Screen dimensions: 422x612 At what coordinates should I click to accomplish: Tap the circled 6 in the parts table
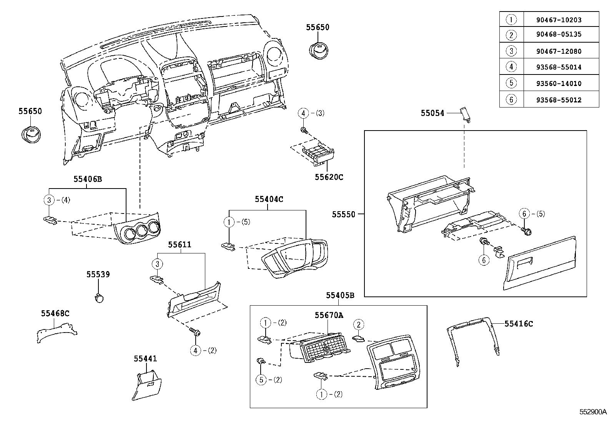click(x=511, y=100)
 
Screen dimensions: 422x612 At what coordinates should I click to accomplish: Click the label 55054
click(x=432, y=113)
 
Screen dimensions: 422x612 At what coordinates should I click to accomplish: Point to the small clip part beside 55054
click(x=466, y=114)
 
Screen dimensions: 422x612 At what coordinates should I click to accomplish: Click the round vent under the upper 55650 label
click(x=319, y=50)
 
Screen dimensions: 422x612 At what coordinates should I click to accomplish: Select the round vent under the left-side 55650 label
click(x=30, y=134)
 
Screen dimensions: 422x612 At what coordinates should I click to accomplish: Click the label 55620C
click(x=329, y=177)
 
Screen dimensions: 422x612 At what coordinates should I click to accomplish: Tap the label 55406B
click(x=88, y=179)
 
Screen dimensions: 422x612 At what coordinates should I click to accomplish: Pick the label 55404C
click(x=269, y=199)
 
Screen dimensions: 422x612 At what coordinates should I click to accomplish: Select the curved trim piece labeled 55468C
click(x=56, y=331)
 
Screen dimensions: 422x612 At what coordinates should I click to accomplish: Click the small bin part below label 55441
click(x=146, y=384)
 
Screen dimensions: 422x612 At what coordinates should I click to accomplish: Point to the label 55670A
click(x=329, y=315)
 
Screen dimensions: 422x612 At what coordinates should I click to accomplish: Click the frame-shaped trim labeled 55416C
click(x=473, y=338)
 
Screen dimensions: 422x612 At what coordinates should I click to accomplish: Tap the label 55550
click(x=344, y=215)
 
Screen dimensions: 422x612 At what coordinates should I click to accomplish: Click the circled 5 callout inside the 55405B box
click(x=261, y=380)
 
